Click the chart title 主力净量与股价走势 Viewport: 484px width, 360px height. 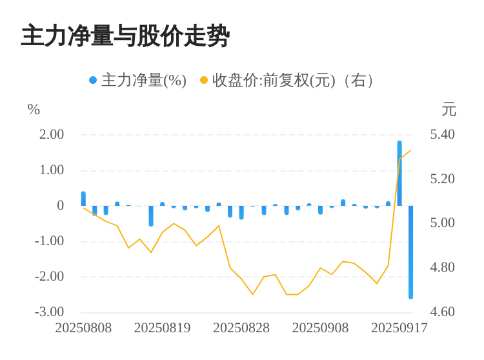click(x=125, y=36)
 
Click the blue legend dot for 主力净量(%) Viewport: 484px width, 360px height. click(x=93, y=81)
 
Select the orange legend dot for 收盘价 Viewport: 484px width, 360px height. click(x=204, y=81)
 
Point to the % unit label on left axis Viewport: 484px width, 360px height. click(x=34, y=110)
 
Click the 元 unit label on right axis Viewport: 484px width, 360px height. click(x=449, y=110)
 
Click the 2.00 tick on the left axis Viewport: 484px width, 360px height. click(x=52, y=134)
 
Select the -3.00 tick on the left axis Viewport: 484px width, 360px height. click(x=50, y=312)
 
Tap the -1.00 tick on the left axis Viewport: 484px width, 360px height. click(x=50, y=241)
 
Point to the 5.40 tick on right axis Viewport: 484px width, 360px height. click(x=443, y=134)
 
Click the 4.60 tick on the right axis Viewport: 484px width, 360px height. click(x=443, y=312)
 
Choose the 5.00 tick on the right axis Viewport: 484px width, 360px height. click(x=443, y=223)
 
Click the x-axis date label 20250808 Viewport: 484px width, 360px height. click(x=83, y=328)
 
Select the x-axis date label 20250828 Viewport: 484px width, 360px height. click(x=241, y=328)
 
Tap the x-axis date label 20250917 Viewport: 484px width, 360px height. click(x=399, y=328)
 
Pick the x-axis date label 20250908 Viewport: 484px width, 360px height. click(x=320, y=328)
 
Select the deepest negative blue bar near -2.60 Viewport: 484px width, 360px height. click(x=410, y=252)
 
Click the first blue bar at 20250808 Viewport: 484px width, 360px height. click(x=83, y=199)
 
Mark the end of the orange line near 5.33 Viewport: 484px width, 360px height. click(x=410, y=151)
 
